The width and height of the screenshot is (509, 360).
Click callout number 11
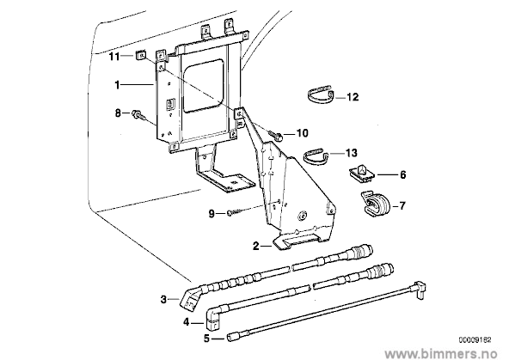pos(114,57)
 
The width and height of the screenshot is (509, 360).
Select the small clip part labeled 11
pos(140,55)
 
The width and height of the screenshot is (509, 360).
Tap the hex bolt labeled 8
pos(137,114)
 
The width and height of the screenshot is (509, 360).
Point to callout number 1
pos(117,85)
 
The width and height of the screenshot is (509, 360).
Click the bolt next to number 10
pos(276,136)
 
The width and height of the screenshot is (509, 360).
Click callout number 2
pos(256,247)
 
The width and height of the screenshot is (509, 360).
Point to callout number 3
pos(163,299)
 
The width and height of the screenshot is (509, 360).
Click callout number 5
pos(206,339)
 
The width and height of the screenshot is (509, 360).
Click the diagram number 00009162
pos(475,340)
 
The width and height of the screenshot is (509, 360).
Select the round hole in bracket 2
pos(303,216)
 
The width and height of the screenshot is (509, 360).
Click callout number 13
pos(352,153)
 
